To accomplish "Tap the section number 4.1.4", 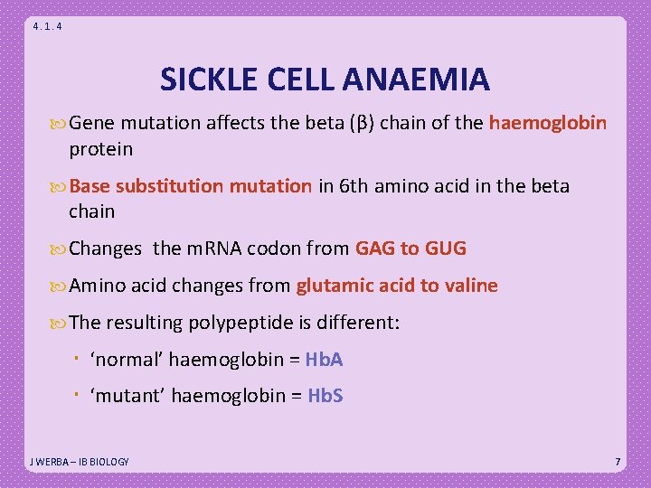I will (x=47, y=27).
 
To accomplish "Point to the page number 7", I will (x=618, y=462).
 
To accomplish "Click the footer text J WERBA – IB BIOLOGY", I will (x=80, y=462).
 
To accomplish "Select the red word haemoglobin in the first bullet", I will (x=548, y=123).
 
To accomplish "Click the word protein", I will (x=100, y=148).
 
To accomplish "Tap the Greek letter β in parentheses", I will (x=360, y=123).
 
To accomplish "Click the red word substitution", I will (x=173, y=186).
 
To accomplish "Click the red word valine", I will (x=470, y=286).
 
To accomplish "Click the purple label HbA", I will (x=325, y=360).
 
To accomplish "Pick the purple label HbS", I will (x=325, y=396).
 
